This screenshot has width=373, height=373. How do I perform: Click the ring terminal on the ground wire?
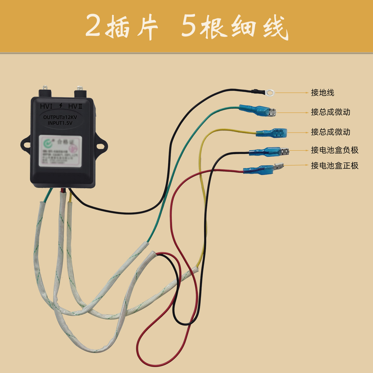[270, 92]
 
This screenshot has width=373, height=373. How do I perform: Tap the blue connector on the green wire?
[256, 111]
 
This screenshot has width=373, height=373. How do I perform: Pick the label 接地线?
[322, 92]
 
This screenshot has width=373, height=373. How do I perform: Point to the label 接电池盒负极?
[335, 150]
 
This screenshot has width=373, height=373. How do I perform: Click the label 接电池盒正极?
[335, 166]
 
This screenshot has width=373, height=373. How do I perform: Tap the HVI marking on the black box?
[46, 106]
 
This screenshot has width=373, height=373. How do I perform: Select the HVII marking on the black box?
[75, 106]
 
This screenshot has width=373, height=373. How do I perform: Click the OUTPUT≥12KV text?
[60, 117]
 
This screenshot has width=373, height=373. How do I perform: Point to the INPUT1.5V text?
[60, 123]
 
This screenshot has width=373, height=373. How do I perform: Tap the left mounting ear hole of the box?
[26, 145]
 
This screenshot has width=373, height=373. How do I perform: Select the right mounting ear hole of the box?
[100, 146]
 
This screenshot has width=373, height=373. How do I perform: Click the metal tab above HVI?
[45, 88]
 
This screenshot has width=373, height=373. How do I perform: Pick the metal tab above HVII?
[80, 88]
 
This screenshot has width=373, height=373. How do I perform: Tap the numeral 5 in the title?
[188, 26]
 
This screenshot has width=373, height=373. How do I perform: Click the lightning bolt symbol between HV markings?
[61, 105]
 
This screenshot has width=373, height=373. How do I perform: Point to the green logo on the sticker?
[47, 143]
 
